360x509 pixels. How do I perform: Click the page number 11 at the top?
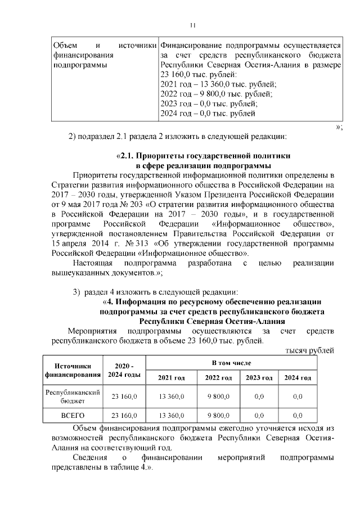point(192,25)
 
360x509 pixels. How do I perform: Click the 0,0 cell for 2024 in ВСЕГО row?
point(298,416)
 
